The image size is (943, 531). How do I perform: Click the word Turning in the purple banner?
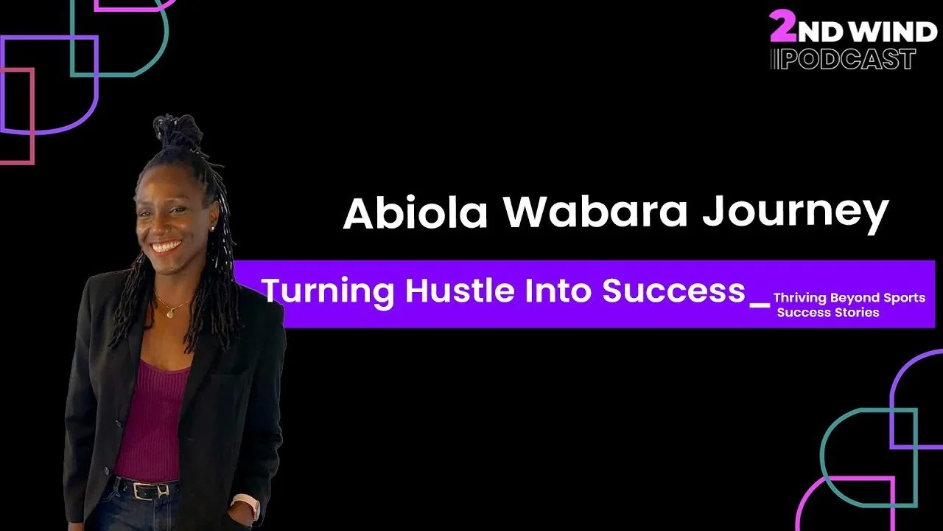[x=329, y=291]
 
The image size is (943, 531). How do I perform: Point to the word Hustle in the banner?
[x=458, y=291]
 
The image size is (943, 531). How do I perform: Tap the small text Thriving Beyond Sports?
[x=849, y=298]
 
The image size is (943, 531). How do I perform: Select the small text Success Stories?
[x=828, y=313]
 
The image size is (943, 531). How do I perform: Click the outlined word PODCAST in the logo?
[x=847, y=59]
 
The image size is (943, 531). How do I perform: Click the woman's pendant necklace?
[x=169, y=313]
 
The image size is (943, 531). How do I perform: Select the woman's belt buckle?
[x=162, y=489]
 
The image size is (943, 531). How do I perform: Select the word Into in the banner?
[x=560, y=291]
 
